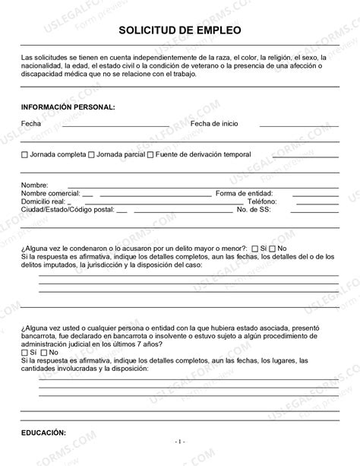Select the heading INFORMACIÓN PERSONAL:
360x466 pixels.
[68, 107]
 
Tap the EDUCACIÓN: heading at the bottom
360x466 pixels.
[44, 433]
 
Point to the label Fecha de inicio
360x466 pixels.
[219, 123]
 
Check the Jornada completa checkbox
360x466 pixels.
[25, 155]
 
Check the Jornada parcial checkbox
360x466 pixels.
[91, 155]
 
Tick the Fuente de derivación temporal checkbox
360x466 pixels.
[150, 155]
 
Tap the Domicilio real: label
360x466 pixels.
[45, 201]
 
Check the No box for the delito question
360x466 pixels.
[273, 249]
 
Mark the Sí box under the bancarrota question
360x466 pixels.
[25, 353]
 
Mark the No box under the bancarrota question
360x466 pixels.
[43, 353]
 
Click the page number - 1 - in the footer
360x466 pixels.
[180, 441]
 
